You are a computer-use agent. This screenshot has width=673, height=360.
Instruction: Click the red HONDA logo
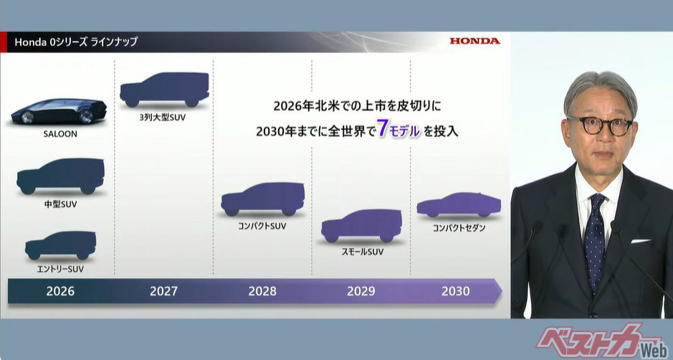click(x=474, y=41)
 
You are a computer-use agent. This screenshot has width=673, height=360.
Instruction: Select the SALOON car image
click(x=59, y=113)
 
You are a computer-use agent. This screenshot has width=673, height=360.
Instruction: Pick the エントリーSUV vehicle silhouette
click(x=60, y=246)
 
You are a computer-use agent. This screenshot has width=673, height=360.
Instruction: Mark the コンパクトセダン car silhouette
click(x=458, y=205)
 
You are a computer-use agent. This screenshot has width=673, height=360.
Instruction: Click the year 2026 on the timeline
click(x=60, y=291)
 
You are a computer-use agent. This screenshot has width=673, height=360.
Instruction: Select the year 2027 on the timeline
click(x=163, y=291)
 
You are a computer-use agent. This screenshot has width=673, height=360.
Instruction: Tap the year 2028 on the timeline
click(x=262, y=291)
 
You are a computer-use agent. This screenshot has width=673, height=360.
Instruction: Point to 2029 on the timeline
click(x=361, y=291)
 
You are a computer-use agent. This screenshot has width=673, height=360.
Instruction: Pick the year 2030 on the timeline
click(x=456, y=291)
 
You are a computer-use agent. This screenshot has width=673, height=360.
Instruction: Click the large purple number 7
click(x=383, y=131)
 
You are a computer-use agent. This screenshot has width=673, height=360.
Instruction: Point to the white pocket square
click(x=640, y=240)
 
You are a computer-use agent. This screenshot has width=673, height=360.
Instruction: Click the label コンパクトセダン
click(x=459, y=228)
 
